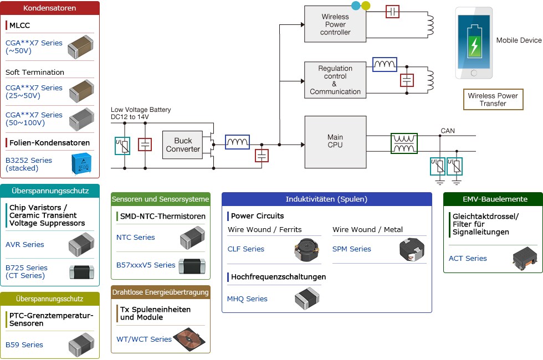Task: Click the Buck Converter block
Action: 183,145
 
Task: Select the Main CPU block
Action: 335,142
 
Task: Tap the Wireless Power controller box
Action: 335,24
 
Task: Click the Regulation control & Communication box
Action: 335,80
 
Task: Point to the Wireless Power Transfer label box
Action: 493,100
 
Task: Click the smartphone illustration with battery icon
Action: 473,43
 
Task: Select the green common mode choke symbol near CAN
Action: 404,143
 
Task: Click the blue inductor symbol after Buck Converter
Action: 237,142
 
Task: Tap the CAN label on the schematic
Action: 448,131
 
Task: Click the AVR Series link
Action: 25,244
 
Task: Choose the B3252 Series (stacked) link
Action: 29,164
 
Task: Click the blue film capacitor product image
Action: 83,164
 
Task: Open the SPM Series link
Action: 352,249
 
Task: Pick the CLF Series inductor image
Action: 307,250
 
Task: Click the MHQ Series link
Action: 247,299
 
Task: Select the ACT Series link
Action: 468,258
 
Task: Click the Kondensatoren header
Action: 50,8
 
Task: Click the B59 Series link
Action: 24,344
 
